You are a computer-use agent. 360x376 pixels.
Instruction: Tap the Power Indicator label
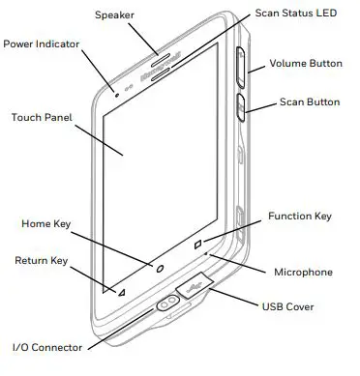pos(47,44)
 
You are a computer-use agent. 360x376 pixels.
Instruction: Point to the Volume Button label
pos(305,64)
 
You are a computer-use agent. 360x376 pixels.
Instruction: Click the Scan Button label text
pos(310,101)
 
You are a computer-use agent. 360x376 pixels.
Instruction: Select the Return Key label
pos(42,260)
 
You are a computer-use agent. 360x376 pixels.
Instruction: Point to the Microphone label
pos(303,273)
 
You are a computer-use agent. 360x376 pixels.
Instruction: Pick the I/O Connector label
pos(46,346)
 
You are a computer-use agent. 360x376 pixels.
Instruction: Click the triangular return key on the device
pos(123,290)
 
